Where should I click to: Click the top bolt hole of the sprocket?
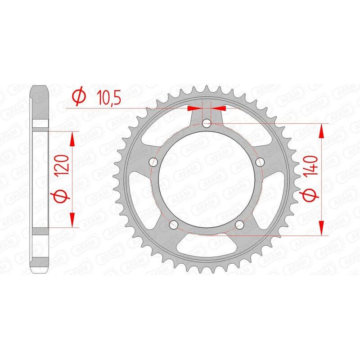207,123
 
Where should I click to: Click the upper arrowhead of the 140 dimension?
321,131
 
